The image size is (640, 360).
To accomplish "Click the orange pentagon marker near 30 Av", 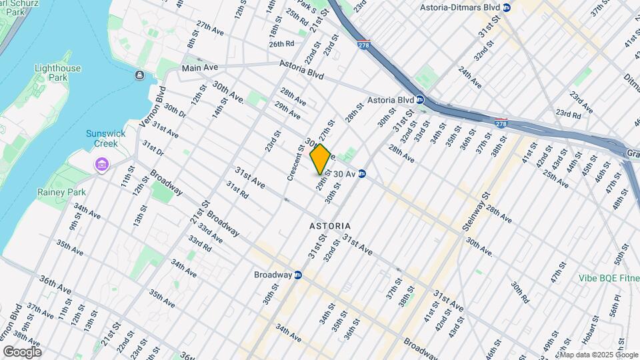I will [x=320, y=159].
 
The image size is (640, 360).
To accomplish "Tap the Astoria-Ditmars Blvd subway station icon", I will [x=507, y=7].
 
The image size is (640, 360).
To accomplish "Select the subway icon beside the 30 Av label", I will [x=362, y=174].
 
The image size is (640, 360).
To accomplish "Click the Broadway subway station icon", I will [x=298, y=275].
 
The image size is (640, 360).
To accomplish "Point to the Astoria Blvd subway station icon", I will [x=421, y=100].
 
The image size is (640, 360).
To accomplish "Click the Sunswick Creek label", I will [x=105, y=138].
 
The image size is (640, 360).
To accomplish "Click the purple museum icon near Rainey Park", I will [x=101, y=164].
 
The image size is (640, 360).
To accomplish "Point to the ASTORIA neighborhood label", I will [x=330, y=227].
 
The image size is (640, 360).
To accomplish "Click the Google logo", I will [x=22, y=351].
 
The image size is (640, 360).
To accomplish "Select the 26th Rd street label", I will [x=281, y=44].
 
